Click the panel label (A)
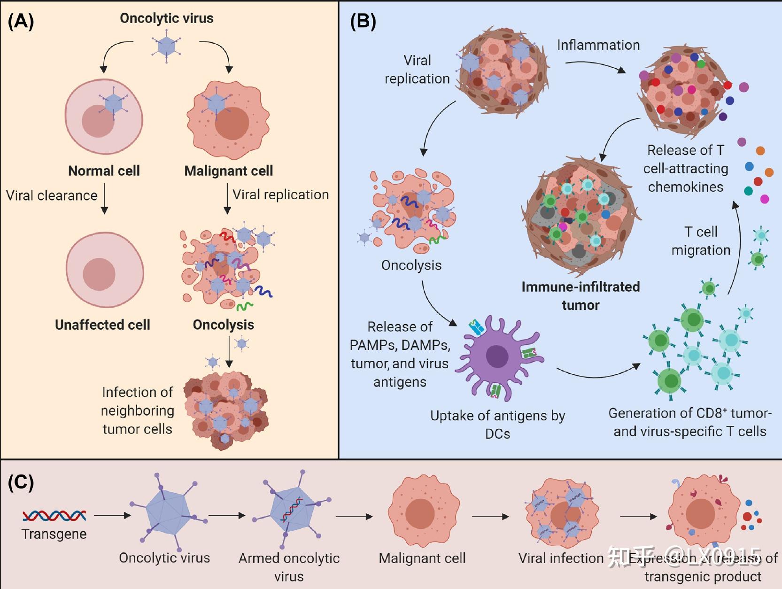point(21,22)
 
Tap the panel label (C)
point(21,483)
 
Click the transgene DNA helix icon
point(54,516)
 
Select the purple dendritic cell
point(497,357)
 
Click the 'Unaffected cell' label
point(102,325)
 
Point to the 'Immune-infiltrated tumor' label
point(581,296)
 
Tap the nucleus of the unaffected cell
point(99,274)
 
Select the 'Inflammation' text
point(598,45)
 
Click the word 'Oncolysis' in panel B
point(411,265)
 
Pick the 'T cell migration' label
point(700,241)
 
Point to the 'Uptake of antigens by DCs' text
point(497,424)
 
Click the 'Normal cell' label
point(104,171)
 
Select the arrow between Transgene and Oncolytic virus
point(112,515)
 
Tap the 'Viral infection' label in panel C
point(560,558)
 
